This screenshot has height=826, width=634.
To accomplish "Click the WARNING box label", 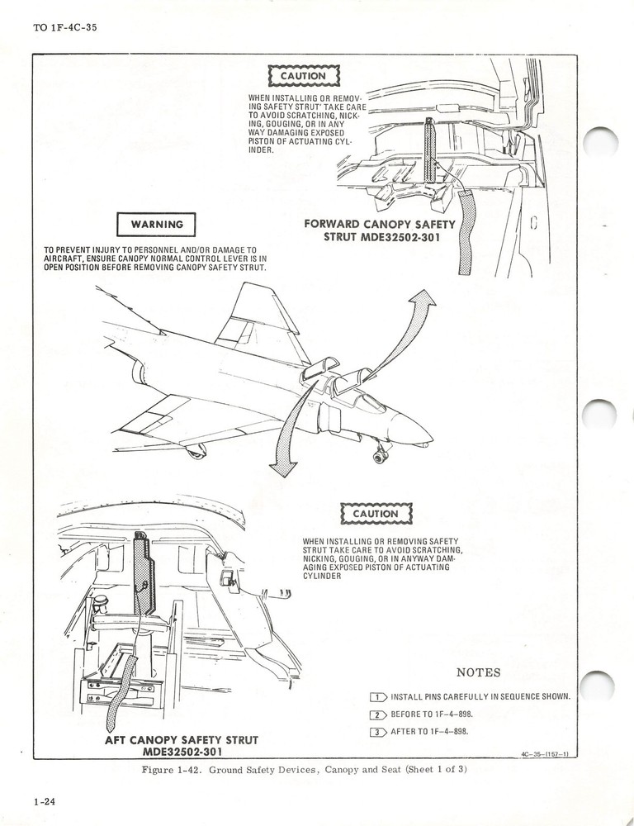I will coord(157,224).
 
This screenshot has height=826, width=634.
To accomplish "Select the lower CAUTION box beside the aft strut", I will coord(376,514).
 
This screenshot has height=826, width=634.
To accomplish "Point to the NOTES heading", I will coord(478,672).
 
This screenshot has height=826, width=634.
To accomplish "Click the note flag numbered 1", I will coord(379,696).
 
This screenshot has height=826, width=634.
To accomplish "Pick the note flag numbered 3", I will coord(379,731).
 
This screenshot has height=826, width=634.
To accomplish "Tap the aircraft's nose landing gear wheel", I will coord(381,455).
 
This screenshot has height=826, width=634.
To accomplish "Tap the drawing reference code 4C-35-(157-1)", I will coord(551,753).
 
